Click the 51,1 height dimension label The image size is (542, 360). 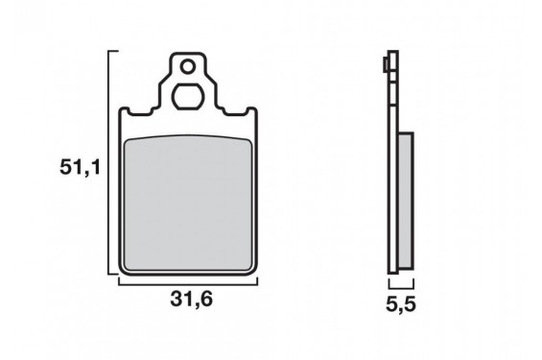80,168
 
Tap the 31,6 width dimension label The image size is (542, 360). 191,299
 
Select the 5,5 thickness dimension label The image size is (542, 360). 401,304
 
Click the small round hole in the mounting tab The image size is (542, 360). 188,67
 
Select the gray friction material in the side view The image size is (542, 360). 406,201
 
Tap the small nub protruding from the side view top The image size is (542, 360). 386,65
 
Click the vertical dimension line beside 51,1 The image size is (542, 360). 109,162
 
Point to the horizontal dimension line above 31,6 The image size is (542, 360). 188,284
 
